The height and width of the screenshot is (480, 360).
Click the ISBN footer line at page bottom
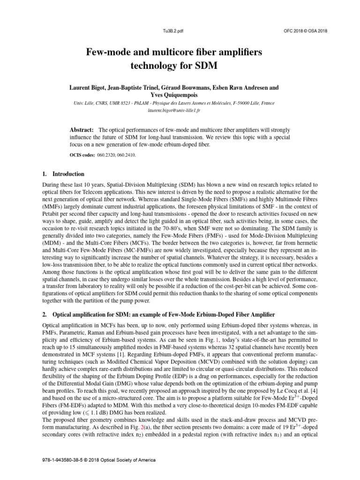(99, 460)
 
